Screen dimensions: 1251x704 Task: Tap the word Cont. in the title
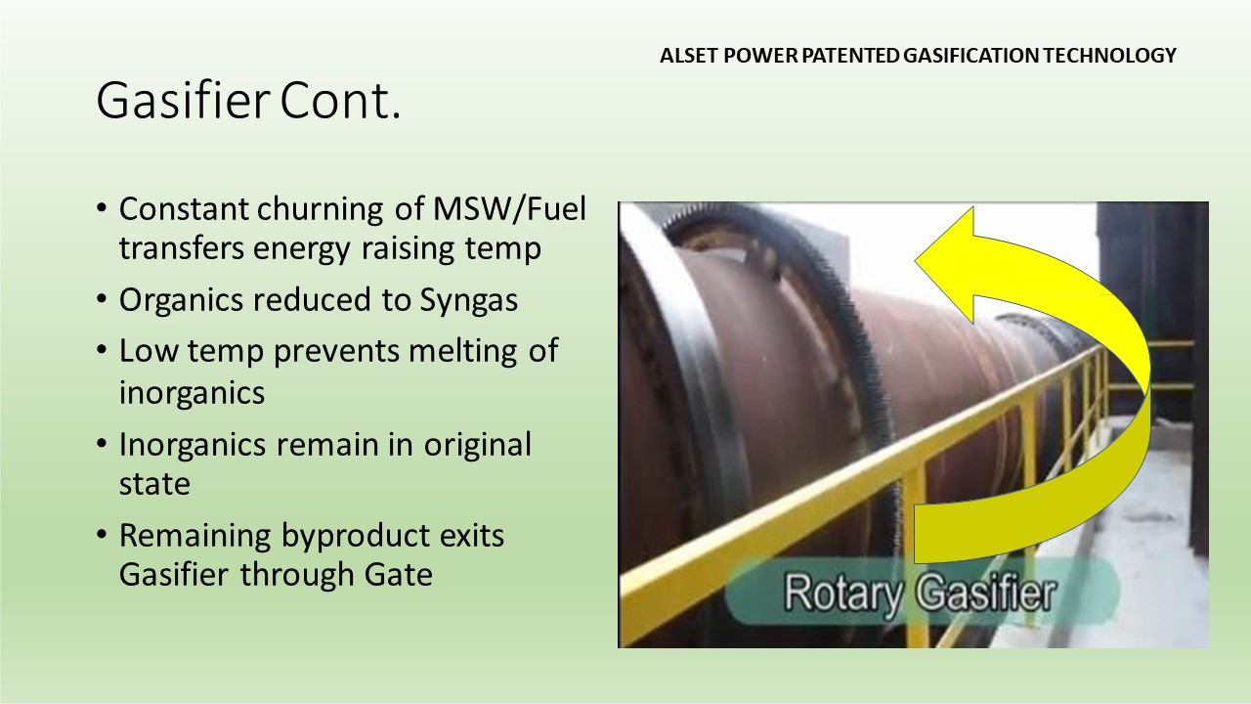(x=340, y=101)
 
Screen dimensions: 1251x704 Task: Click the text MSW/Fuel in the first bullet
(x=509, y=209)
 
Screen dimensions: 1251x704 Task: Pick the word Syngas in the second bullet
(x=468, y=301)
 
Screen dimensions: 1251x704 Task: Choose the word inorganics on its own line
(x=192, y=393)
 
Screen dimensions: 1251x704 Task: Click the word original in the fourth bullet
(x=477, y=446)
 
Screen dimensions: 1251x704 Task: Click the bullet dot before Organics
(x=101, y=298)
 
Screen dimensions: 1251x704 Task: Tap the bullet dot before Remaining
(x=101, y=534)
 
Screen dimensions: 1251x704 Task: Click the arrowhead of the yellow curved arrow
(x=944, y=263)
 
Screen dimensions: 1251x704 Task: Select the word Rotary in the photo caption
(x=842, y=594)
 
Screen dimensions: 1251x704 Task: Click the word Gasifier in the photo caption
(x=986, y=593)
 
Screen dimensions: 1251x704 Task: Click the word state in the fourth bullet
(x=154, y=484)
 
